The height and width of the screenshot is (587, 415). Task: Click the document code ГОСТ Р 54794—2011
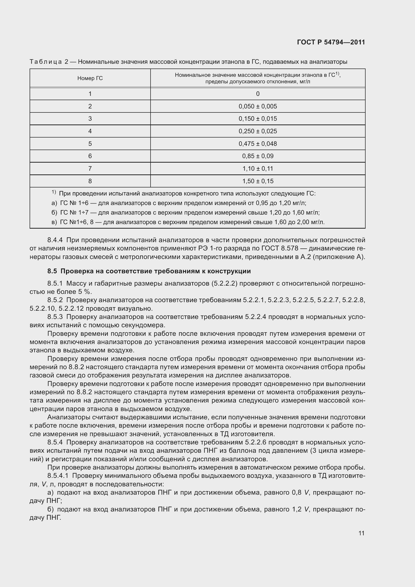click(x=331, y=42)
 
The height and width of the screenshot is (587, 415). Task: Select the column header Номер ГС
click(x=90, y=78)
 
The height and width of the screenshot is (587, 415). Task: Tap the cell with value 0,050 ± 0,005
click(x=258, y=106)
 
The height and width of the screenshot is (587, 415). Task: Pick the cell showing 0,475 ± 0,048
click(x=258, y=144)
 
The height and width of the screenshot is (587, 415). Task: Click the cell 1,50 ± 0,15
click(x=258, y=181)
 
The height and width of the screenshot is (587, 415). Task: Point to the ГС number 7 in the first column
click(x=90, y=169)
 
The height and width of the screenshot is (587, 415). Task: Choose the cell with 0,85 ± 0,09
click(x=258, y=156)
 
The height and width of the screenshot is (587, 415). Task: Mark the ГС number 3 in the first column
click(x=90, y=119)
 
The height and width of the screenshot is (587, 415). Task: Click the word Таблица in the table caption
click(x=46, y=62)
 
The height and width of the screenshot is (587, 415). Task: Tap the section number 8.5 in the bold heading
click(x=52, y=271)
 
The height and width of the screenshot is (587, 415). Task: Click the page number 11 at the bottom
click(x=361, y=533)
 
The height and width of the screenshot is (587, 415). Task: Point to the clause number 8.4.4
click(x=55, y=240)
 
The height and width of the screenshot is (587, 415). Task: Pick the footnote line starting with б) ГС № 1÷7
click(x=185, y=213)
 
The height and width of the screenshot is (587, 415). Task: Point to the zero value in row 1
click(x=258, y=94)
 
